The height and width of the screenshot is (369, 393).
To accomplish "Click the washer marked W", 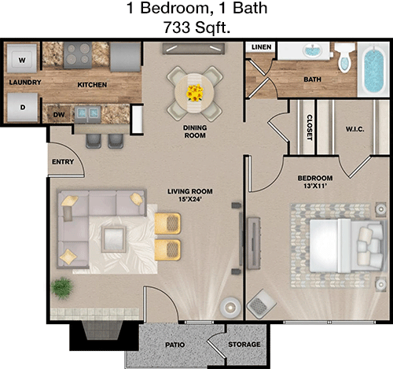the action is pyautogui.click(x=22, y=58).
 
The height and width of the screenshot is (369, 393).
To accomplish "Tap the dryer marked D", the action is pyautogui.click(x=23, y=107).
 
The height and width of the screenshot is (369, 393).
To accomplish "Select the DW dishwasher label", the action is pyautogui.click(x=59, y=115).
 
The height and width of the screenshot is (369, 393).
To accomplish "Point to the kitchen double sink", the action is pyautogui.click(x=87, y=114).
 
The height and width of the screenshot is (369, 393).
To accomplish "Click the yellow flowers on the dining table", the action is pyautogui.click(x=195, y=93).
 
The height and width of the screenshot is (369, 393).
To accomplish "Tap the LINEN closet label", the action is pyautogui.click(x=261, y=47).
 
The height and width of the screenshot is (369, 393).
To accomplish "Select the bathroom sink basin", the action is pyautogui.click(x=313, y=50).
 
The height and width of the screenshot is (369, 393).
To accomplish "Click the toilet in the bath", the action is pyautogui.click(x=344, y=57).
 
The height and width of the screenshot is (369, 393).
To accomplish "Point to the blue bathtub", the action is pyautogui.click(x=374, y=70).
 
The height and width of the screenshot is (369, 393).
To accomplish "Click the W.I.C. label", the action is pyautogui.click(x=355, y=129).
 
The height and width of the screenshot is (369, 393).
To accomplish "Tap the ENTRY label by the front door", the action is pyautogui.click(x=63, y=161).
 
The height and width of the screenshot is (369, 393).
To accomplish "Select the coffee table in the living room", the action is pyautogui.click(x=114, y=239).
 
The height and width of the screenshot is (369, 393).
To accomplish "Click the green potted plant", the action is pyautogui.click(x=62, y=288).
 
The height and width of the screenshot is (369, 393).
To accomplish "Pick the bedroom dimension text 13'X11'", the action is pyautogui.click(x=315, y=186).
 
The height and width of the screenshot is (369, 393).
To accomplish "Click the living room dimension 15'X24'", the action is pyautogui.click(x=190, y=199).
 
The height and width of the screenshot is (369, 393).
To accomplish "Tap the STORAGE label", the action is pyautogui.click(x=244, y=345).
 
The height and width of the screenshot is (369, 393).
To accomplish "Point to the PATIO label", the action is pyautogui.click(x=174, y=345).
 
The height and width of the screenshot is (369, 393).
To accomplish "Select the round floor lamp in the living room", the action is pyautogui.click(x=230, y=307).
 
